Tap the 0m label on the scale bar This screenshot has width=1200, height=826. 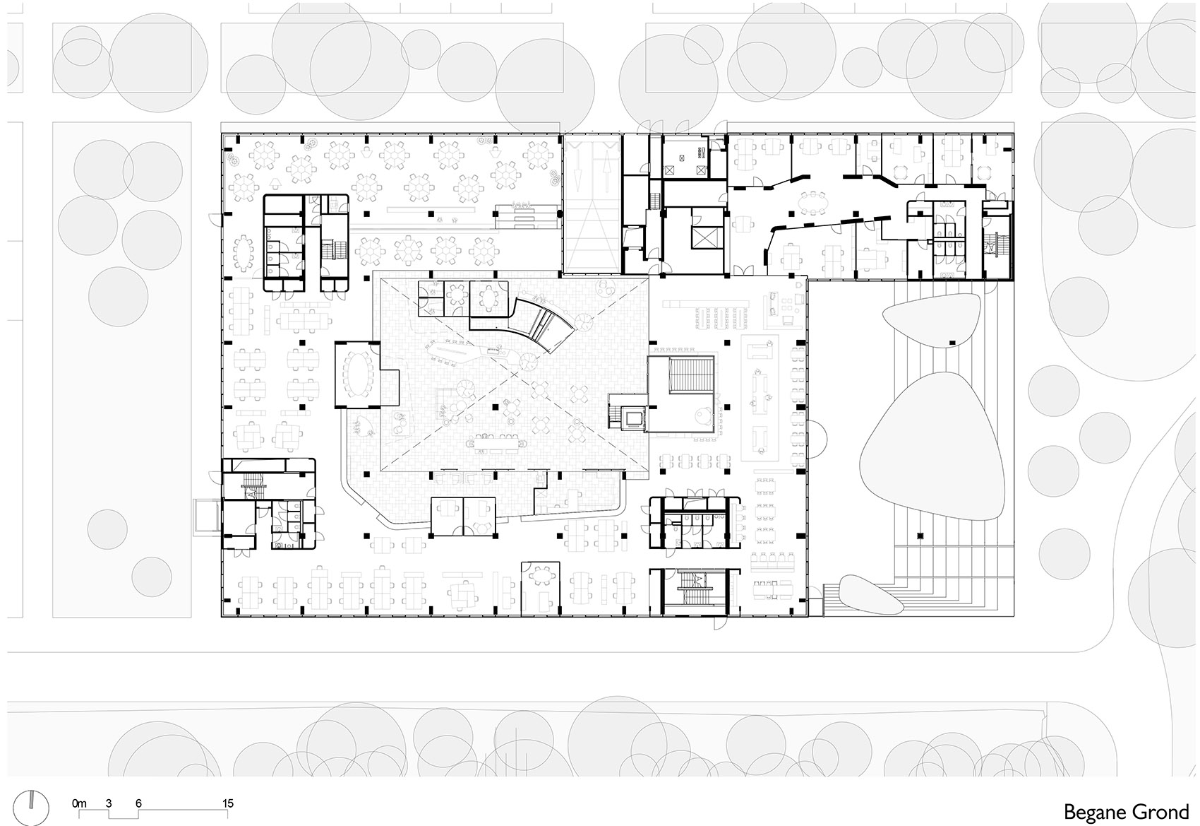[79, 803]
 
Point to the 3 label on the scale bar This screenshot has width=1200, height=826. [109, 803]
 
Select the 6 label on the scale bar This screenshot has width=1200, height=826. [138, 803]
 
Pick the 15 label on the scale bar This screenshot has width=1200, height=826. [228, 803]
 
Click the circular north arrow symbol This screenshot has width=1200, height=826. [32, 807]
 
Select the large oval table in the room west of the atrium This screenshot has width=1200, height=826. [356, 374]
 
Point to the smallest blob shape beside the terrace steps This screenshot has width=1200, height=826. [870, 595]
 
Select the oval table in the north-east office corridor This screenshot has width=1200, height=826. [812, 203]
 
